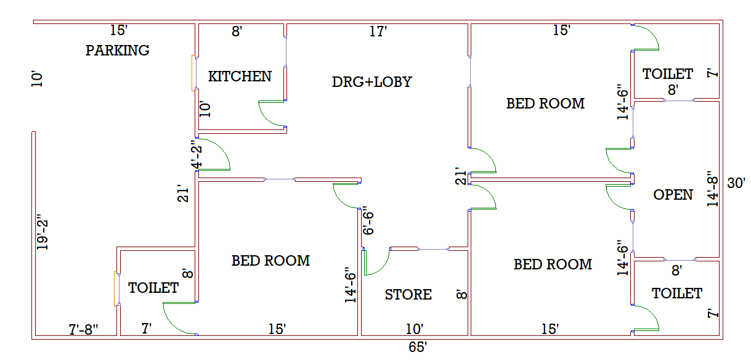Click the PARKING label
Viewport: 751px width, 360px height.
(x=117, y=51)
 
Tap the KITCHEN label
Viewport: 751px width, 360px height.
(x=240, y=76)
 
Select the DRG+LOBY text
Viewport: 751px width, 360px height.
(x=371, y=81)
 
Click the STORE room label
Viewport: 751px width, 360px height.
(x=408, y=295)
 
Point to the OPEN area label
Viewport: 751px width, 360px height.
(x=673, y=195)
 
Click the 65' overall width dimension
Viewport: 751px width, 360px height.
(x=418, y=348)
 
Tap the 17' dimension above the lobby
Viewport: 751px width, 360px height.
(x=378, y=31)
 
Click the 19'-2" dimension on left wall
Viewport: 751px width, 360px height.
(x=42, y=232)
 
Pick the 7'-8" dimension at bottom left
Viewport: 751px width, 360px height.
(x=83, y=330)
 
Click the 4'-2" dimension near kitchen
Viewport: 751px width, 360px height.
(x=196, y=154)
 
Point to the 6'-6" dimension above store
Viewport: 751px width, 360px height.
(x=368, y=221)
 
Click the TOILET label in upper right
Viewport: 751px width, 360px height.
(x=668, y=74)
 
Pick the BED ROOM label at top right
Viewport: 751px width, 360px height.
(x=545, y=104)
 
